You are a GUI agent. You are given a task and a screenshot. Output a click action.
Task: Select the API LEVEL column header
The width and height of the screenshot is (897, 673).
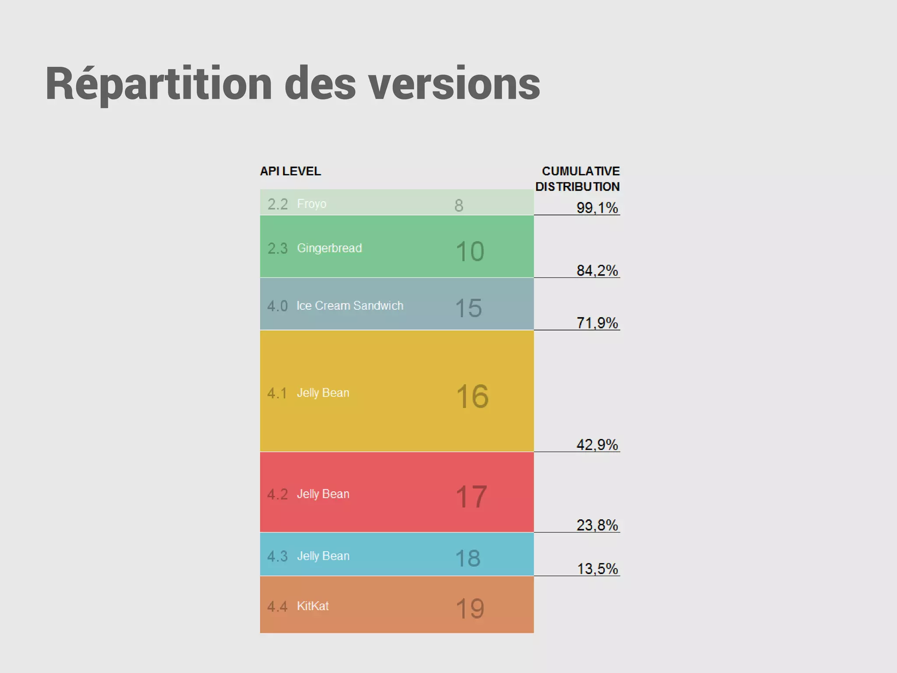pos(290,171)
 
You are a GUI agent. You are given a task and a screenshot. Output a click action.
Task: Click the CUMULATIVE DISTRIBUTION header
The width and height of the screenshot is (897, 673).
pos(578,179)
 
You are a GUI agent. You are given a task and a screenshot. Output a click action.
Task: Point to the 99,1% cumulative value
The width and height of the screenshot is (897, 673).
pos(597,208)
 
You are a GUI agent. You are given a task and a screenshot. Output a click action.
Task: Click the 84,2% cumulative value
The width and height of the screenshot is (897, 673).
pos(597,270)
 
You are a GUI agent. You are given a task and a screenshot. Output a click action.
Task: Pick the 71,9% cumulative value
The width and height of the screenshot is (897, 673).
pos(597,323)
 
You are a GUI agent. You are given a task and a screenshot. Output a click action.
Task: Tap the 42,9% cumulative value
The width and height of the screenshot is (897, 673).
pos(597,445)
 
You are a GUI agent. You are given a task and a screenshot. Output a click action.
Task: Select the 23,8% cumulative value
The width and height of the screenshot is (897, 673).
pos(597,525)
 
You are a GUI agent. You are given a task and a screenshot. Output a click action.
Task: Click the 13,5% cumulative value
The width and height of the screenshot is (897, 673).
pos(597,569)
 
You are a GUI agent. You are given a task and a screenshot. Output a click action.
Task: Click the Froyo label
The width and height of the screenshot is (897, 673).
pos(311,204)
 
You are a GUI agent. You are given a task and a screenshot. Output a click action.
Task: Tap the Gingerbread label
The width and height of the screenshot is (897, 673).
pos(329,248)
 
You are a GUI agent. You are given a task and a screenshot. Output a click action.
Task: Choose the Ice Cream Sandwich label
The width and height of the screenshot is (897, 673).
pos(350,305)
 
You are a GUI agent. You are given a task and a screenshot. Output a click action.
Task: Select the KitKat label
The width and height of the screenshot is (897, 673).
pos(313,606)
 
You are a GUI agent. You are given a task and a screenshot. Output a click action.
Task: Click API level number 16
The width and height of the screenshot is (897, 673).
pos(472,396)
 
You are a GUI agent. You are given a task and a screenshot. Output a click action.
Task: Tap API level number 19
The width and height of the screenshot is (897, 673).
pos(470,608)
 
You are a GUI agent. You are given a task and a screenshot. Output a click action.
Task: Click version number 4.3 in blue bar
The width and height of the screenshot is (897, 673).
pos(277,556)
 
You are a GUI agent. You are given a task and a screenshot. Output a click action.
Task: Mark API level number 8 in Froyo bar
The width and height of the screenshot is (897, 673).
pos(459,205)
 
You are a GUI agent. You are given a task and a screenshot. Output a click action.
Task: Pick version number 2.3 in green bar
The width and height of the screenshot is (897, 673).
pos(277,248)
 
